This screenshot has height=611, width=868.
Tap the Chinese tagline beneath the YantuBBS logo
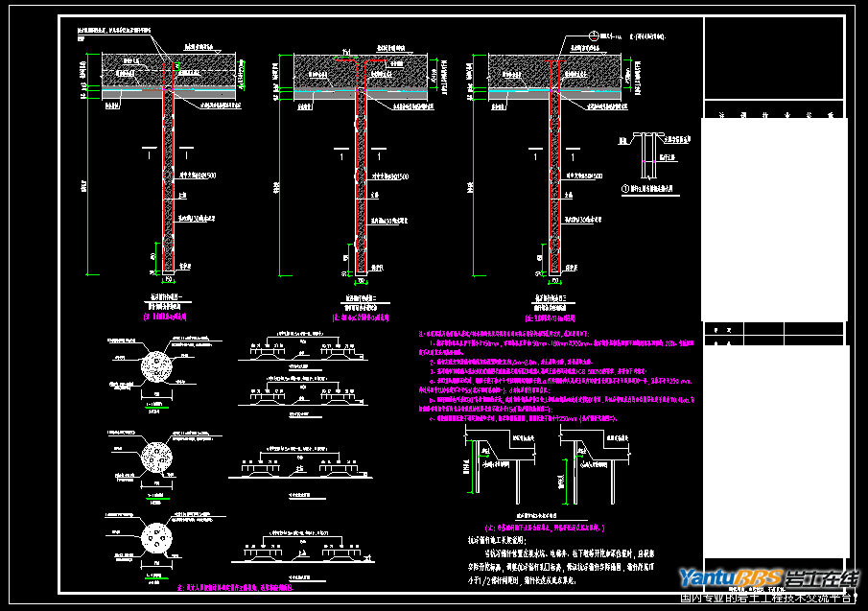766,599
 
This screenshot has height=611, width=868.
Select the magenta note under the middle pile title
362,314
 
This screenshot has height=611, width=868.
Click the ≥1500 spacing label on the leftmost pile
203,176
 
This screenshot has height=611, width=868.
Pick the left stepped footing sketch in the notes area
496,460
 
